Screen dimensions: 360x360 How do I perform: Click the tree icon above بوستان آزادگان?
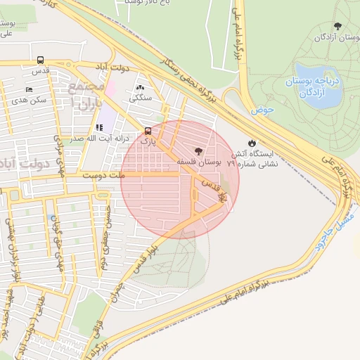[x=338, y=26]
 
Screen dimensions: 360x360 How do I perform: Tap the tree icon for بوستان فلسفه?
[x=198, y=150]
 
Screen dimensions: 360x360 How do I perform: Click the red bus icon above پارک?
[x=148, y=130]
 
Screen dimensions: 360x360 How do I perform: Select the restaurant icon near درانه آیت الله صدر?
[x=99, y=128]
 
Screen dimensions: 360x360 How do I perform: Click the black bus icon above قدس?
[x=40, y=60]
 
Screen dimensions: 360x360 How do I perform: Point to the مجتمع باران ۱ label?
[x=86, y=93]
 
